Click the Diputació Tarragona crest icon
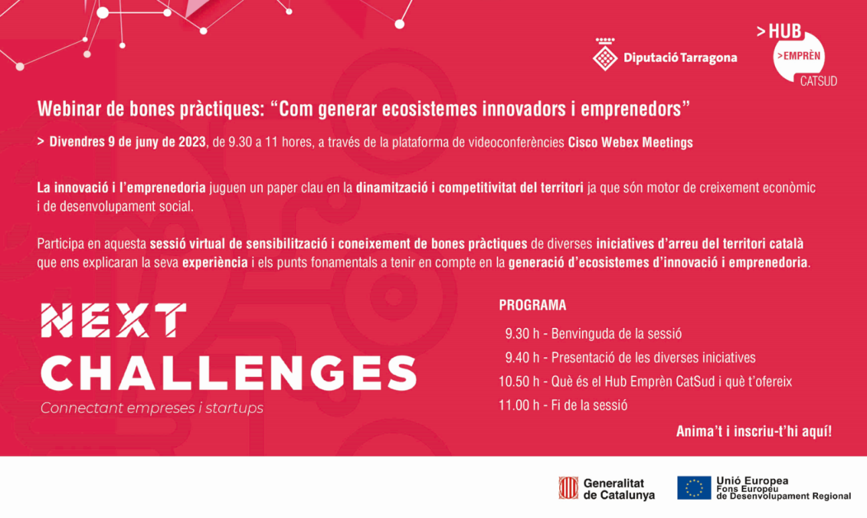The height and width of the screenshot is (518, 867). click(x=605, y=54)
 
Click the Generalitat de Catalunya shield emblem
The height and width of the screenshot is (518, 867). click(x=568, y=488)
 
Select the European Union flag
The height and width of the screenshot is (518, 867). click(x=694, y=488)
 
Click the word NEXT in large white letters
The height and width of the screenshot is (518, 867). click(x=113, y=320)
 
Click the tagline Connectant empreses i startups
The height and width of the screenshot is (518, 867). click(x=152, y=408)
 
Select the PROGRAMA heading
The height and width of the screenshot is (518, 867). click(x=532, y=306)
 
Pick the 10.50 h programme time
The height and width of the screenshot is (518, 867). click(x=519, y=382)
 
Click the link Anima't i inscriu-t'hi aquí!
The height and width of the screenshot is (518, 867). click(x=753, y=431)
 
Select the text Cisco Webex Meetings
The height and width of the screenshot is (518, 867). click(x=630, y=142)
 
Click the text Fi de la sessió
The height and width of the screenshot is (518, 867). click(x=589, y=406)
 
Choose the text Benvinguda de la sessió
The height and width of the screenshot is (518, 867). click(x=616, y=334)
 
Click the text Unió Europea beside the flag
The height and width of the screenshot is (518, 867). click(x=752, y=481)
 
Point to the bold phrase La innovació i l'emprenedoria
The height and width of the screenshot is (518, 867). click(x=121, y=188)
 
